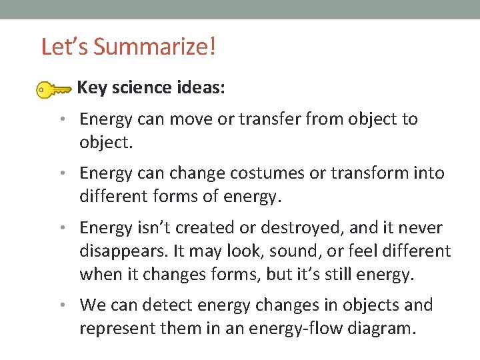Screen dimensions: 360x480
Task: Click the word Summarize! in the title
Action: pos(155,47)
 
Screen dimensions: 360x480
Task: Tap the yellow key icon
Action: pos(53,89)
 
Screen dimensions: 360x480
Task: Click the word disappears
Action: pos(127,251)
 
